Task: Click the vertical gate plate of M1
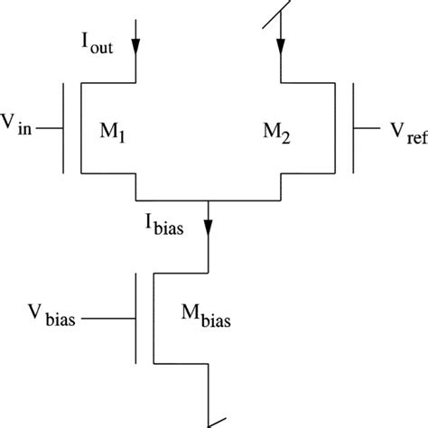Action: tap(64, 127)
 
